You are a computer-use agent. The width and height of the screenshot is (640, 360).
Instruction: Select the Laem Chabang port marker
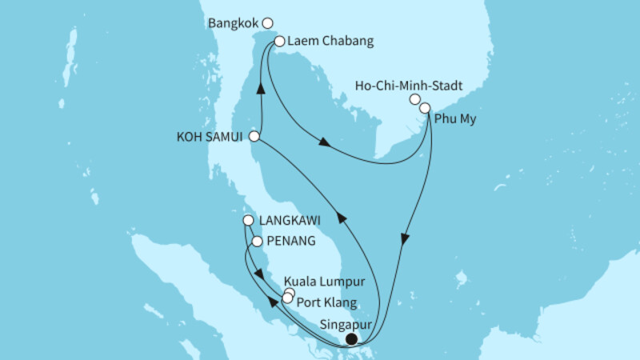coord(279,42)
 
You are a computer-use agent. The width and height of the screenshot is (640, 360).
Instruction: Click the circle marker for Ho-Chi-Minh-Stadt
coord(415,100)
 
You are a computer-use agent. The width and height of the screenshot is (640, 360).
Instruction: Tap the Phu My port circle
coord(425,108)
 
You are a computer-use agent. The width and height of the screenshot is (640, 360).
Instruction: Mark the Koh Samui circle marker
coord(254,136)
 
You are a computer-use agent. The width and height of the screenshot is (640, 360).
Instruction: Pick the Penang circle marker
coord(257,240)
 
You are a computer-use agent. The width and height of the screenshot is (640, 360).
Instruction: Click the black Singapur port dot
coord(350,340)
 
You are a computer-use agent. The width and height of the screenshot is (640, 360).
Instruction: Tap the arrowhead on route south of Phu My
coord(405,238)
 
